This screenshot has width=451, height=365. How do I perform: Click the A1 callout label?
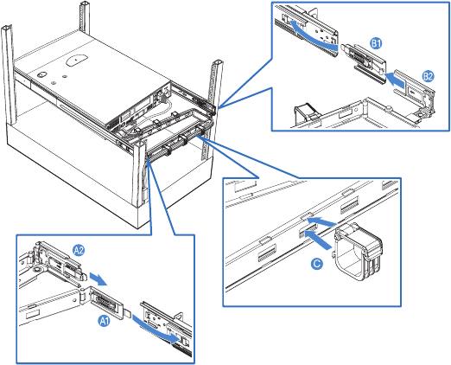coord(105,321)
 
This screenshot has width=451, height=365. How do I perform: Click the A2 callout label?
coord(79,250)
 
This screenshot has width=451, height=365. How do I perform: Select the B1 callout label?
coord(376,43)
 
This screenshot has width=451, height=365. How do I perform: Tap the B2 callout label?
coord(428,76)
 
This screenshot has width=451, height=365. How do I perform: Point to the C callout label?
coord(317,264)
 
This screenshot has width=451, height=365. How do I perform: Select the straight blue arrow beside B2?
coord(395,79)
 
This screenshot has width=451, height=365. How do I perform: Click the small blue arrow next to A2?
coord(98,279)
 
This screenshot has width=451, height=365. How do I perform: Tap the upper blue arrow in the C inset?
coord(321,221)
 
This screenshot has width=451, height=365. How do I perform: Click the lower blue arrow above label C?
coord(318,240)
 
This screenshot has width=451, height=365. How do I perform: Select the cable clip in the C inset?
coord(359,252)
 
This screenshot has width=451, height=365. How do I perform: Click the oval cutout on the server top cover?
coord(76,60)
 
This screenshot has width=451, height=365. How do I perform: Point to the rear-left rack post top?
coord(85,4)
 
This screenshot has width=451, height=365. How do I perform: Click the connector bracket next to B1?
coord(364,63)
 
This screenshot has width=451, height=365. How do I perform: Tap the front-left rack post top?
coord(6,29)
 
